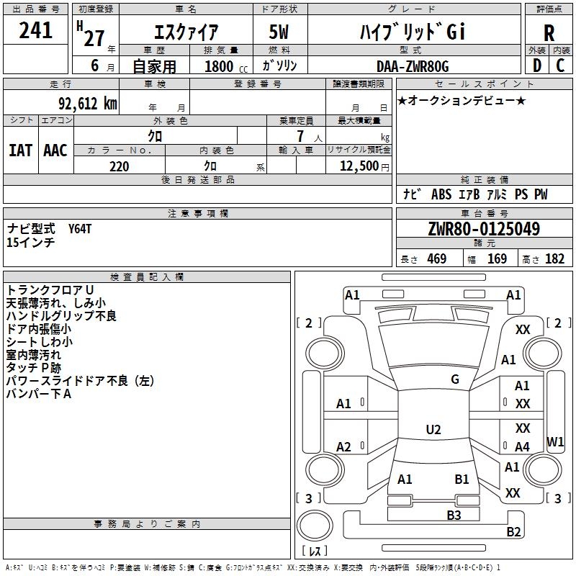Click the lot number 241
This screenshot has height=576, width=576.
tap(35, 30)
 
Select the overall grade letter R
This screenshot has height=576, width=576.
tap(549, 33)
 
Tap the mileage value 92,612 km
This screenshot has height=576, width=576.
tap(88, 103)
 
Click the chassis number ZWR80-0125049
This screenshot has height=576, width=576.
tap(484, 229)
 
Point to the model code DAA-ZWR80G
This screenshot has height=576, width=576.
tap(413, 66)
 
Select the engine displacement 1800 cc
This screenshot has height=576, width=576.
tap(226, 66)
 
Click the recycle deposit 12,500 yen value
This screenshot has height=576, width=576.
tap(364, 166)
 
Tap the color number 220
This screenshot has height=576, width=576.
tap(120, 166)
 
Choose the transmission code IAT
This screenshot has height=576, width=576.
tap(21, 150)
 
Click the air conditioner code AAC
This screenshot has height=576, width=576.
tap(55, 150)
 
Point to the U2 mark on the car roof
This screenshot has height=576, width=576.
tap(433, 429)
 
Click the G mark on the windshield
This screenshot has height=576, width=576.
tap(455, 379)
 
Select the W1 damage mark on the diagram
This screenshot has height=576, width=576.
tap(555, 441)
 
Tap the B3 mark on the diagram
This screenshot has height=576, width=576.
tap(454, 515)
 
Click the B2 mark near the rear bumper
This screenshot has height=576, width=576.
tap(513, 531)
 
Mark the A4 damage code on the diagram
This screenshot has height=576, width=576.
tap(522, 446)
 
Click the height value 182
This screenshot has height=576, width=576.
tap(554, 258)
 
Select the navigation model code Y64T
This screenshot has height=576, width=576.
tap(80, 229)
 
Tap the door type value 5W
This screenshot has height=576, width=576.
tap(279, 32)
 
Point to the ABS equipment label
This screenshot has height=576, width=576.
tap(441, 194)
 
